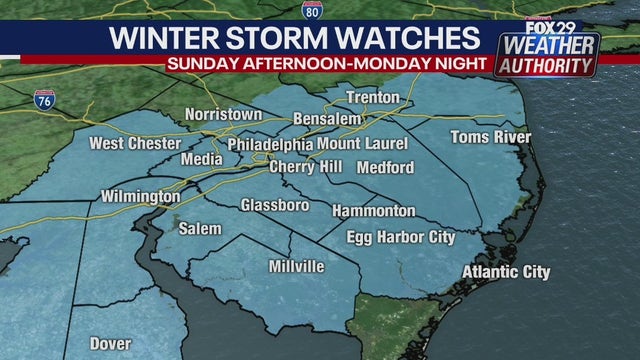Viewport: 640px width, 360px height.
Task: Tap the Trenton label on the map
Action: (x=373, y=98)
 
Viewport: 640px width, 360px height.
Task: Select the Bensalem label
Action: (x=326, y=120)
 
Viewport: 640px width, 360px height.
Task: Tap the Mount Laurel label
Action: (x=363, y=144)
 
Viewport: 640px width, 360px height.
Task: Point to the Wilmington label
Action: (x=141, y=197)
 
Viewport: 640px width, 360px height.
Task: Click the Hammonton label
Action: (x=374, y=211)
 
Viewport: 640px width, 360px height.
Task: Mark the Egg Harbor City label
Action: (x=400, y=237)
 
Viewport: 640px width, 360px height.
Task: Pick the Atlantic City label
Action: (x=507, y=272)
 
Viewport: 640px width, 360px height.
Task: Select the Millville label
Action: (x=296, y=267)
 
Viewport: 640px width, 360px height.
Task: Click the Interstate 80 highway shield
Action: (x=311, y=11)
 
